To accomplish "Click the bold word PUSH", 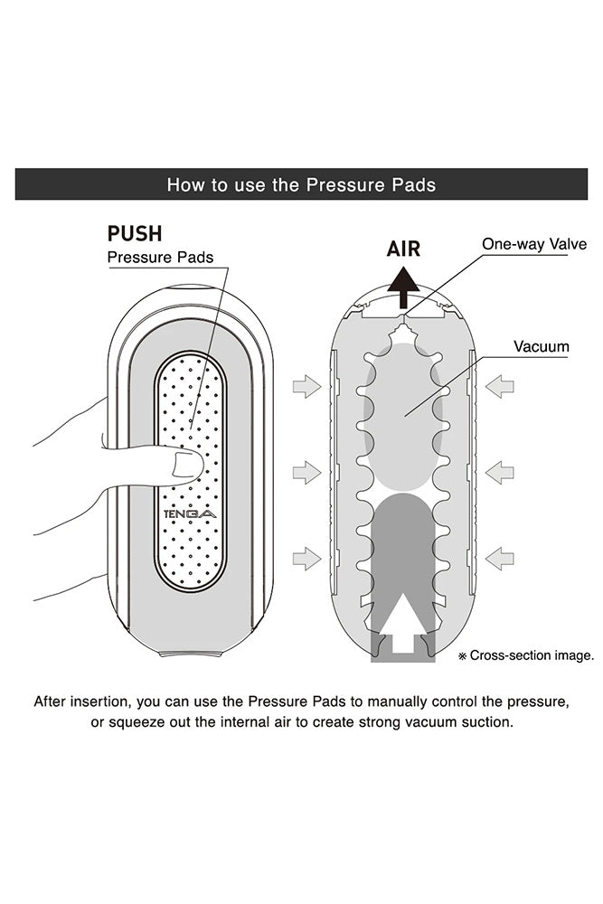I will click(x=135, y=233).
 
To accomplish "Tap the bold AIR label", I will click(x=403, y=249).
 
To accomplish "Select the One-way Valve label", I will click(x=534, y=244).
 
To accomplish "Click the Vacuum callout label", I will click(x=542, y=346).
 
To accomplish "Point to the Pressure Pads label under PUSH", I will click(x=160, y=258).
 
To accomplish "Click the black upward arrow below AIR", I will click(x=403, y=292).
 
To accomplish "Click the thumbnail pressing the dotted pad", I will click(x=187, y=466).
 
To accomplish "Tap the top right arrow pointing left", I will click(x=499, y=388).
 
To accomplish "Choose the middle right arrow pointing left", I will click(x=499, y=472).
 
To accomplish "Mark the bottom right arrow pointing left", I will click(x=499, y=559).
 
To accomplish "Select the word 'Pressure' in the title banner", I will click(x=344, y=185).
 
